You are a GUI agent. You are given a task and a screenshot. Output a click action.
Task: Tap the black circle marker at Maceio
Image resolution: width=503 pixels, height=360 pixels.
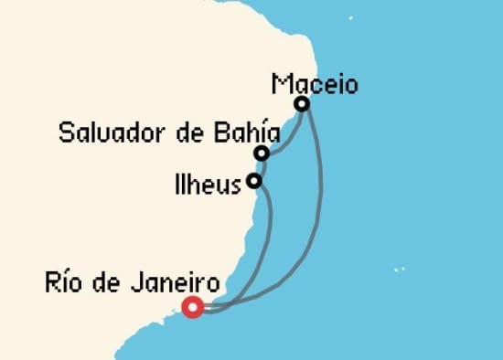click(x=301, y=104)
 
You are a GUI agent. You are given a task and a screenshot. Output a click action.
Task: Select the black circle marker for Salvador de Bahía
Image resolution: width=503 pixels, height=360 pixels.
click(x=262, y=153)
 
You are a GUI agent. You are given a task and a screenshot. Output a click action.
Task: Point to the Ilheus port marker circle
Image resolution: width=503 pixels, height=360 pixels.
click(x=254, y=181)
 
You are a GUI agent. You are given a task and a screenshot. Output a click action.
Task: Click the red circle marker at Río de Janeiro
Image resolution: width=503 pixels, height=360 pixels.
click(x=192, y=307)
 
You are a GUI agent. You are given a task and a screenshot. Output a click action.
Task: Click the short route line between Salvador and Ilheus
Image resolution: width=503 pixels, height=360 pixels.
click(x=258, y=167)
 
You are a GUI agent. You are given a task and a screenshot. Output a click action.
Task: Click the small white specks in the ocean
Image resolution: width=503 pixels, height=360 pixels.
click(x=398, y=270)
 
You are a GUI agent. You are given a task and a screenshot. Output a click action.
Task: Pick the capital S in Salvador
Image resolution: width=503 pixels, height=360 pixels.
click(x=65, y=132)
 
